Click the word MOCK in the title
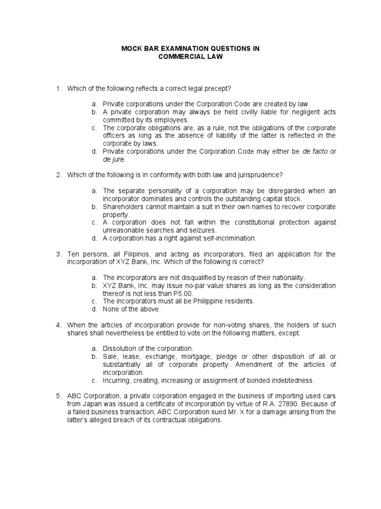point(131,49)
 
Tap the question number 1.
point(58,88)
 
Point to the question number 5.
point(58,396)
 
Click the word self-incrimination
point(223,238)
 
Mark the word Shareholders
point(125,206)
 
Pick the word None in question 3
point(111,309)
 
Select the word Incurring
point(118,380)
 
